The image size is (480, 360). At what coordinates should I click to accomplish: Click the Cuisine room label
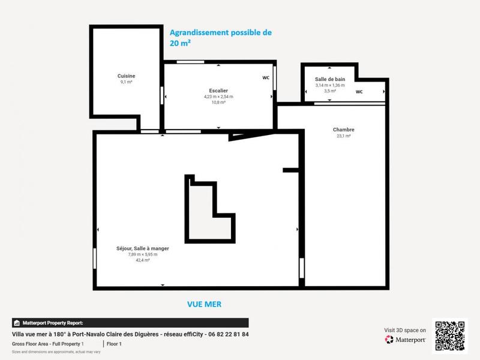[x=126, y=76]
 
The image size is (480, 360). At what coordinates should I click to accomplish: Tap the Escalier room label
[x=218, y=90]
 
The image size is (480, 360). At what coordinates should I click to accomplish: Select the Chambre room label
[x=343, y=130]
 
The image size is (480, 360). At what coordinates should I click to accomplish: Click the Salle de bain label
[x=330, y=79]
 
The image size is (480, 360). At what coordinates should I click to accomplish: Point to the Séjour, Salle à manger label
[x=143, y=248]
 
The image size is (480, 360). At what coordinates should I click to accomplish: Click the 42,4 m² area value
[x=143, y=260]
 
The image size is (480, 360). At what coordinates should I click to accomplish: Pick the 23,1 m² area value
[x=343, y=136]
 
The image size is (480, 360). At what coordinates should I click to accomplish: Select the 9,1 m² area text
[x=126, y=82]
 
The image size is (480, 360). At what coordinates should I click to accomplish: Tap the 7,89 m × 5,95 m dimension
[x=143, y=254]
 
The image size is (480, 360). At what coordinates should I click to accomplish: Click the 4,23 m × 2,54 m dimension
[x=218, y=97]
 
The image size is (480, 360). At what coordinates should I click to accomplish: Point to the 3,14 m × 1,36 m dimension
[x=330, y=85]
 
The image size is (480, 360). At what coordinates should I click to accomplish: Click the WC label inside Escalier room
[x=266, y=77]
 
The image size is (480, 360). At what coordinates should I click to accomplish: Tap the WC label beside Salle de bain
[x=359, y=92]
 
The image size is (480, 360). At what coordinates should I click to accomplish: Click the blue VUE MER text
[x=203, y=304]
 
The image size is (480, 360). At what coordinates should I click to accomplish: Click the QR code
[x=449, y=335]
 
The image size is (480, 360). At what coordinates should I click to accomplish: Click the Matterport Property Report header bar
[x=130, y=323]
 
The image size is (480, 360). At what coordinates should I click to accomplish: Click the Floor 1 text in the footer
[x=114, y=344]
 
